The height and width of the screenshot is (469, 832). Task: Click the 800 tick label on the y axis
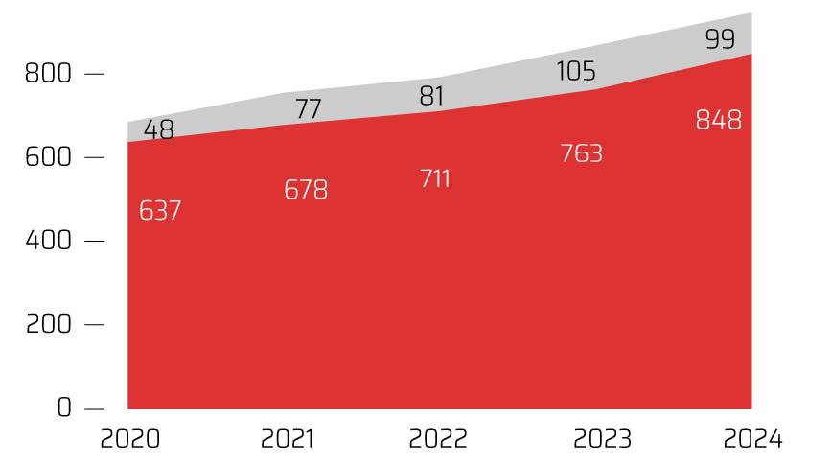coord(47,73)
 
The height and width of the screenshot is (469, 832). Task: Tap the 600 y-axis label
coord(47,156)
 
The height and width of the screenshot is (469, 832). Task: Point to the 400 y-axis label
coord(47,240)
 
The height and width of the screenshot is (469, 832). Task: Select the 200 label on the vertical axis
coord(47,323)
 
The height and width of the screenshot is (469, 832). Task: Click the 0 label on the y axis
coord(63,407)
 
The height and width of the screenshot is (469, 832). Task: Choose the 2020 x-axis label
coord(129,439)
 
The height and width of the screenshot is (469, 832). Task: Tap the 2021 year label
coord(288,439)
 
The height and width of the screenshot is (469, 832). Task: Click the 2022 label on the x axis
coord(438,439)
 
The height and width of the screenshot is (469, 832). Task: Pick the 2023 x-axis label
coord(602,439)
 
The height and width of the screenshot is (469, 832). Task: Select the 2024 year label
coord(753,439)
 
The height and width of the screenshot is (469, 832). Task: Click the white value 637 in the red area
coord(160,211)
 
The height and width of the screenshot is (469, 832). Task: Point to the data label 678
coord(306,190)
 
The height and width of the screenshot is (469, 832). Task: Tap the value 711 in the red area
coord(435,179)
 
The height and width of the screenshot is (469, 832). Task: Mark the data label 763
coord(581,153)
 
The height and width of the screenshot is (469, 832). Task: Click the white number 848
coord(719,121)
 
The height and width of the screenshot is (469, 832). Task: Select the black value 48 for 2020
coord(159,130)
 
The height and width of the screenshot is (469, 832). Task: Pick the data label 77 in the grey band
coord(308,108)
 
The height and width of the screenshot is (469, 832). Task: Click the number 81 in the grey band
coord(432,97)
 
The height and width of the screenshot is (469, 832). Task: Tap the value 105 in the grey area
coord(576,71)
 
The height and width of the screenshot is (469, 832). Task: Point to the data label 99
coord(719,39)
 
